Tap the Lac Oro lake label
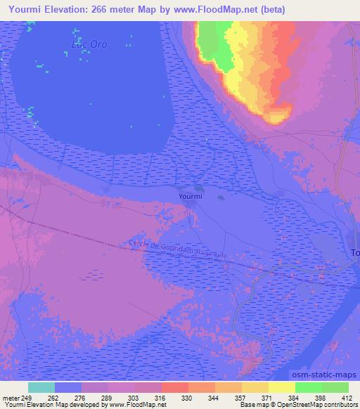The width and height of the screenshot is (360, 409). [89, 44]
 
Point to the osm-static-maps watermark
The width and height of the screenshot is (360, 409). [330, 375]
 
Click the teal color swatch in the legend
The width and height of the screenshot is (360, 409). [41, 387]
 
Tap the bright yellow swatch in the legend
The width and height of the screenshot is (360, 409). [281, 387]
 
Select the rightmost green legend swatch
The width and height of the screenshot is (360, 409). [335, 387]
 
